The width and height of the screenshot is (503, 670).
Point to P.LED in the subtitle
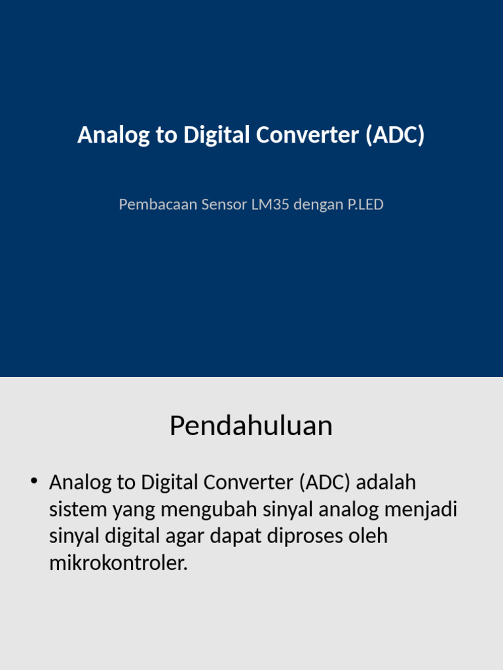[x=365, y=205]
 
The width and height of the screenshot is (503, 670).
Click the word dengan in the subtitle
[x=318, y=205]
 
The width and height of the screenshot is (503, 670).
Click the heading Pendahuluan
[x=251, y=426]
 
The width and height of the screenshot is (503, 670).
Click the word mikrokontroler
[x=118, y=563]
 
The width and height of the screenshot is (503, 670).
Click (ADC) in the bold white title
[x=395, y=135]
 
